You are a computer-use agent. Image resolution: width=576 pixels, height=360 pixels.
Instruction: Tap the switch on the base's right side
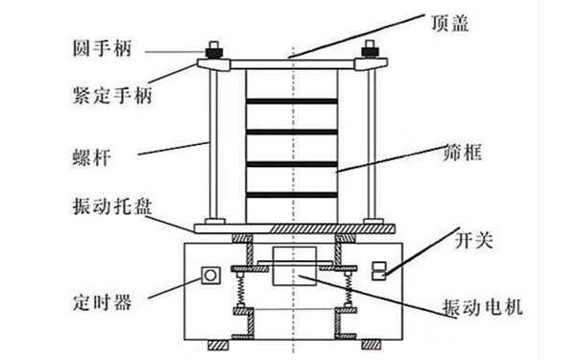point(378,270)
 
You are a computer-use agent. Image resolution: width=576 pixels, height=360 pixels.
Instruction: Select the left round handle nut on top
point(210,49)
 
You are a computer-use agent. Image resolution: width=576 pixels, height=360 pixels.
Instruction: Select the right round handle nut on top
point(369,49)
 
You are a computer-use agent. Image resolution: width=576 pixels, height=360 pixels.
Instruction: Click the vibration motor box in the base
point(293,268)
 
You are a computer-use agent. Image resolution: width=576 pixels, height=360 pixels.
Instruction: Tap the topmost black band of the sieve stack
point(292,101)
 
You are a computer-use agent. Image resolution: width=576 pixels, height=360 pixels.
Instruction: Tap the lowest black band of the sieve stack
point(292,195)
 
